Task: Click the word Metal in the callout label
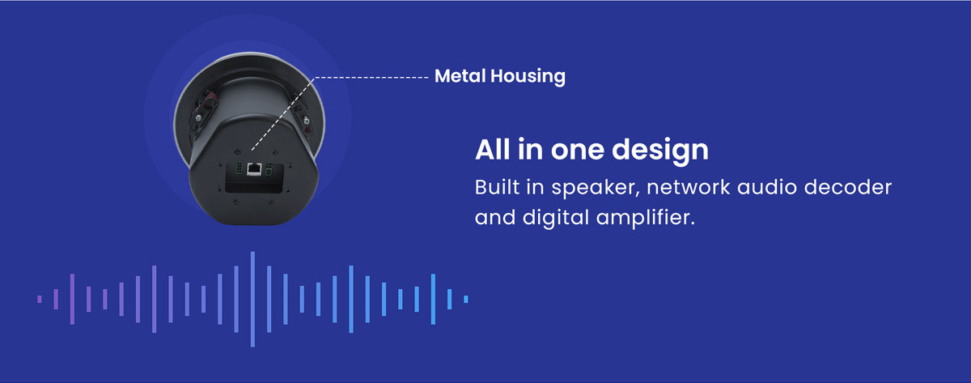(x=460, y=76)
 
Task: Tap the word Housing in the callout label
(x=528, y=77)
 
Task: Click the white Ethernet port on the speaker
(x=253, y=168)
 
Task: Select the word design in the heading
(x=660, y=150)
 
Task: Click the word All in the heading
(x=493, y=150)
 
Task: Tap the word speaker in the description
(x=596, y=189)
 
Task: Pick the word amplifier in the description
(x=646, y=218)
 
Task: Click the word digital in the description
(x=555, y=218)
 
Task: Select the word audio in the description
(x=766, y=187)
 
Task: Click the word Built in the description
(x=497, y=187)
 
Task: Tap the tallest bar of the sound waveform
(x=252, y=300)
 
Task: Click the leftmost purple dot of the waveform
(x=40, y=300)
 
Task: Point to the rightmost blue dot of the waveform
(x=466, y=300)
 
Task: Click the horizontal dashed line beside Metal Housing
(x=371, y=78)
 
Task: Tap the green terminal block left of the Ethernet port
(x=239, y=168)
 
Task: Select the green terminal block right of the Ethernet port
(x=269, y=169)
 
